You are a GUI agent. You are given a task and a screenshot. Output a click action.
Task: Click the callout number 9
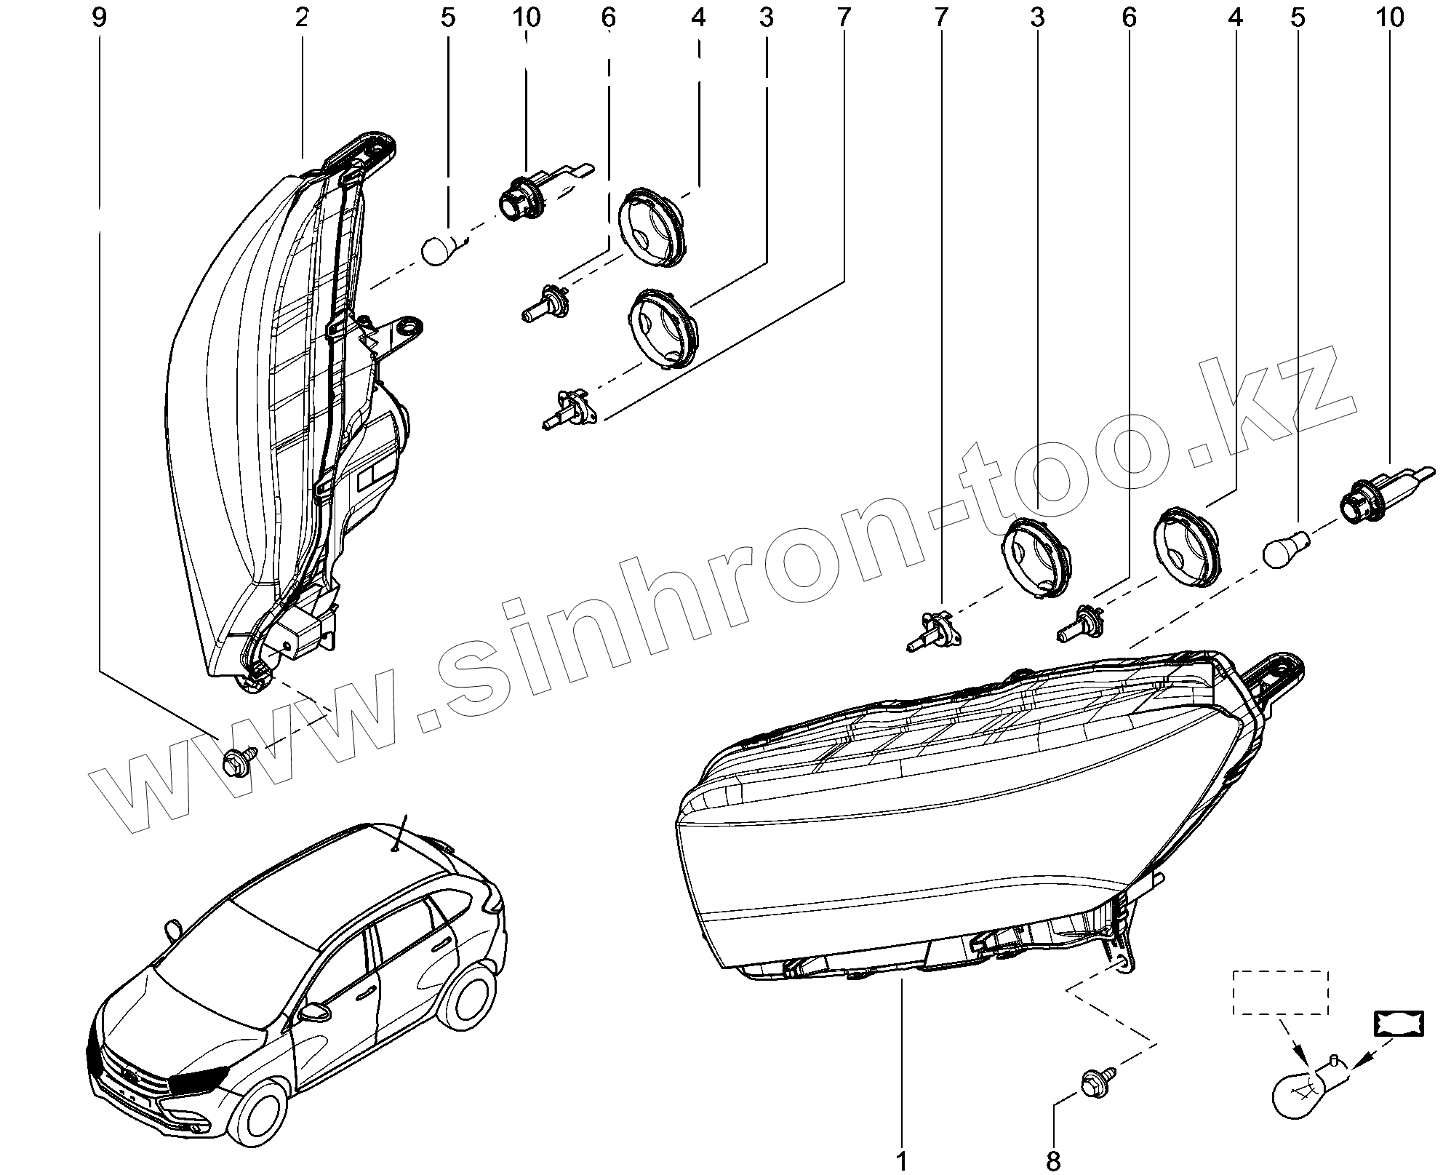[99, 17]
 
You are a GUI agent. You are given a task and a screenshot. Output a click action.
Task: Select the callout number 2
[302, 17]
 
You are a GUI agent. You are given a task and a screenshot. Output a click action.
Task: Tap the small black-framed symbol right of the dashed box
[1398, 1024]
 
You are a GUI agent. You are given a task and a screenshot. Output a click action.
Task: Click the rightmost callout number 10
[1390, 17]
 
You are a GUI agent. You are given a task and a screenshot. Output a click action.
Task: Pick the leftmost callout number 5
[447, 17]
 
